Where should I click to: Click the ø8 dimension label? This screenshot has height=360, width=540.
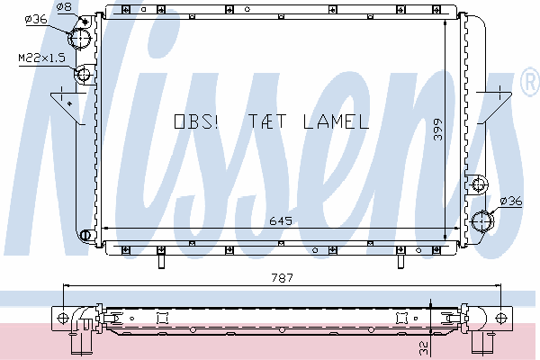(64, 6)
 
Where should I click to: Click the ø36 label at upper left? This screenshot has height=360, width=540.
(36, 19)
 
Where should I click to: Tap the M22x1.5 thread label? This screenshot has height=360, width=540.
(41, 58)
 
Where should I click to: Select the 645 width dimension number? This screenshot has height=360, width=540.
(281, 220)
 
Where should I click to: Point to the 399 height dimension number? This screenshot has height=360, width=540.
(437, 130)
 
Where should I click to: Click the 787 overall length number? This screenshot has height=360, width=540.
(282, 278)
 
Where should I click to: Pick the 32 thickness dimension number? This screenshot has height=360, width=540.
(424, 347)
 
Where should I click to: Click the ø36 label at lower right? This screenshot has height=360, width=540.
(511, 201)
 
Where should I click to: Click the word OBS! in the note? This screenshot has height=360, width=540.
(196, 121)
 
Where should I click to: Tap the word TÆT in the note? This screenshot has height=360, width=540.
(267, 121)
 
